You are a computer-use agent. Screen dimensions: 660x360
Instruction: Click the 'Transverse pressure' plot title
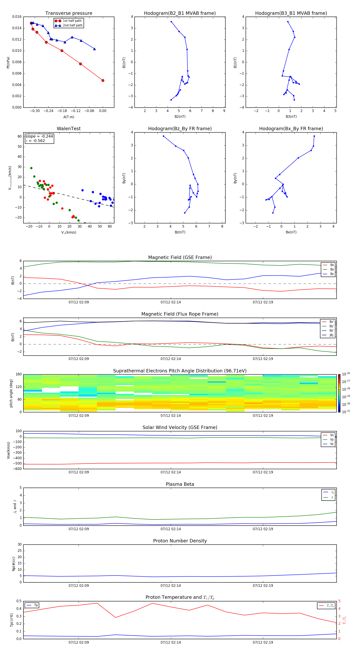[69, 13]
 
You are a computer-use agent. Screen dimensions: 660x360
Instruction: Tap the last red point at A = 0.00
[103, 80]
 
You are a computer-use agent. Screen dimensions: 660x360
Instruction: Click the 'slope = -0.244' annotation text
[39, 136]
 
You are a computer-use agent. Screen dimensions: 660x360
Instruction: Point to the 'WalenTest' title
[69, 129]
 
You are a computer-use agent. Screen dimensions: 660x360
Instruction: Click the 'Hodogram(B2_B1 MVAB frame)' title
[180, 13]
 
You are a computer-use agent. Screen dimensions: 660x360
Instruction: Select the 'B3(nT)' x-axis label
[291, 117]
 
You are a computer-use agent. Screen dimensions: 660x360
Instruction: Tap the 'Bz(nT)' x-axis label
[180, 232]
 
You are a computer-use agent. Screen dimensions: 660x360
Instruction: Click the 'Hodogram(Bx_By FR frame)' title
[291, 129]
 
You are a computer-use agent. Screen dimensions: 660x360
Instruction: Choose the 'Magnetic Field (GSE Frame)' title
[180, 257]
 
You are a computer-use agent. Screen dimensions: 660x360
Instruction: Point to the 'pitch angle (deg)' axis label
[11, 393]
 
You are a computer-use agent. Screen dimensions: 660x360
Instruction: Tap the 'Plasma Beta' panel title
[180, 484]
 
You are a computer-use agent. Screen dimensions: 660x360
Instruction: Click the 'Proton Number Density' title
[180, 541]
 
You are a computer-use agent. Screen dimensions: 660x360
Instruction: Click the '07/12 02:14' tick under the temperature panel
[171, 642]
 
